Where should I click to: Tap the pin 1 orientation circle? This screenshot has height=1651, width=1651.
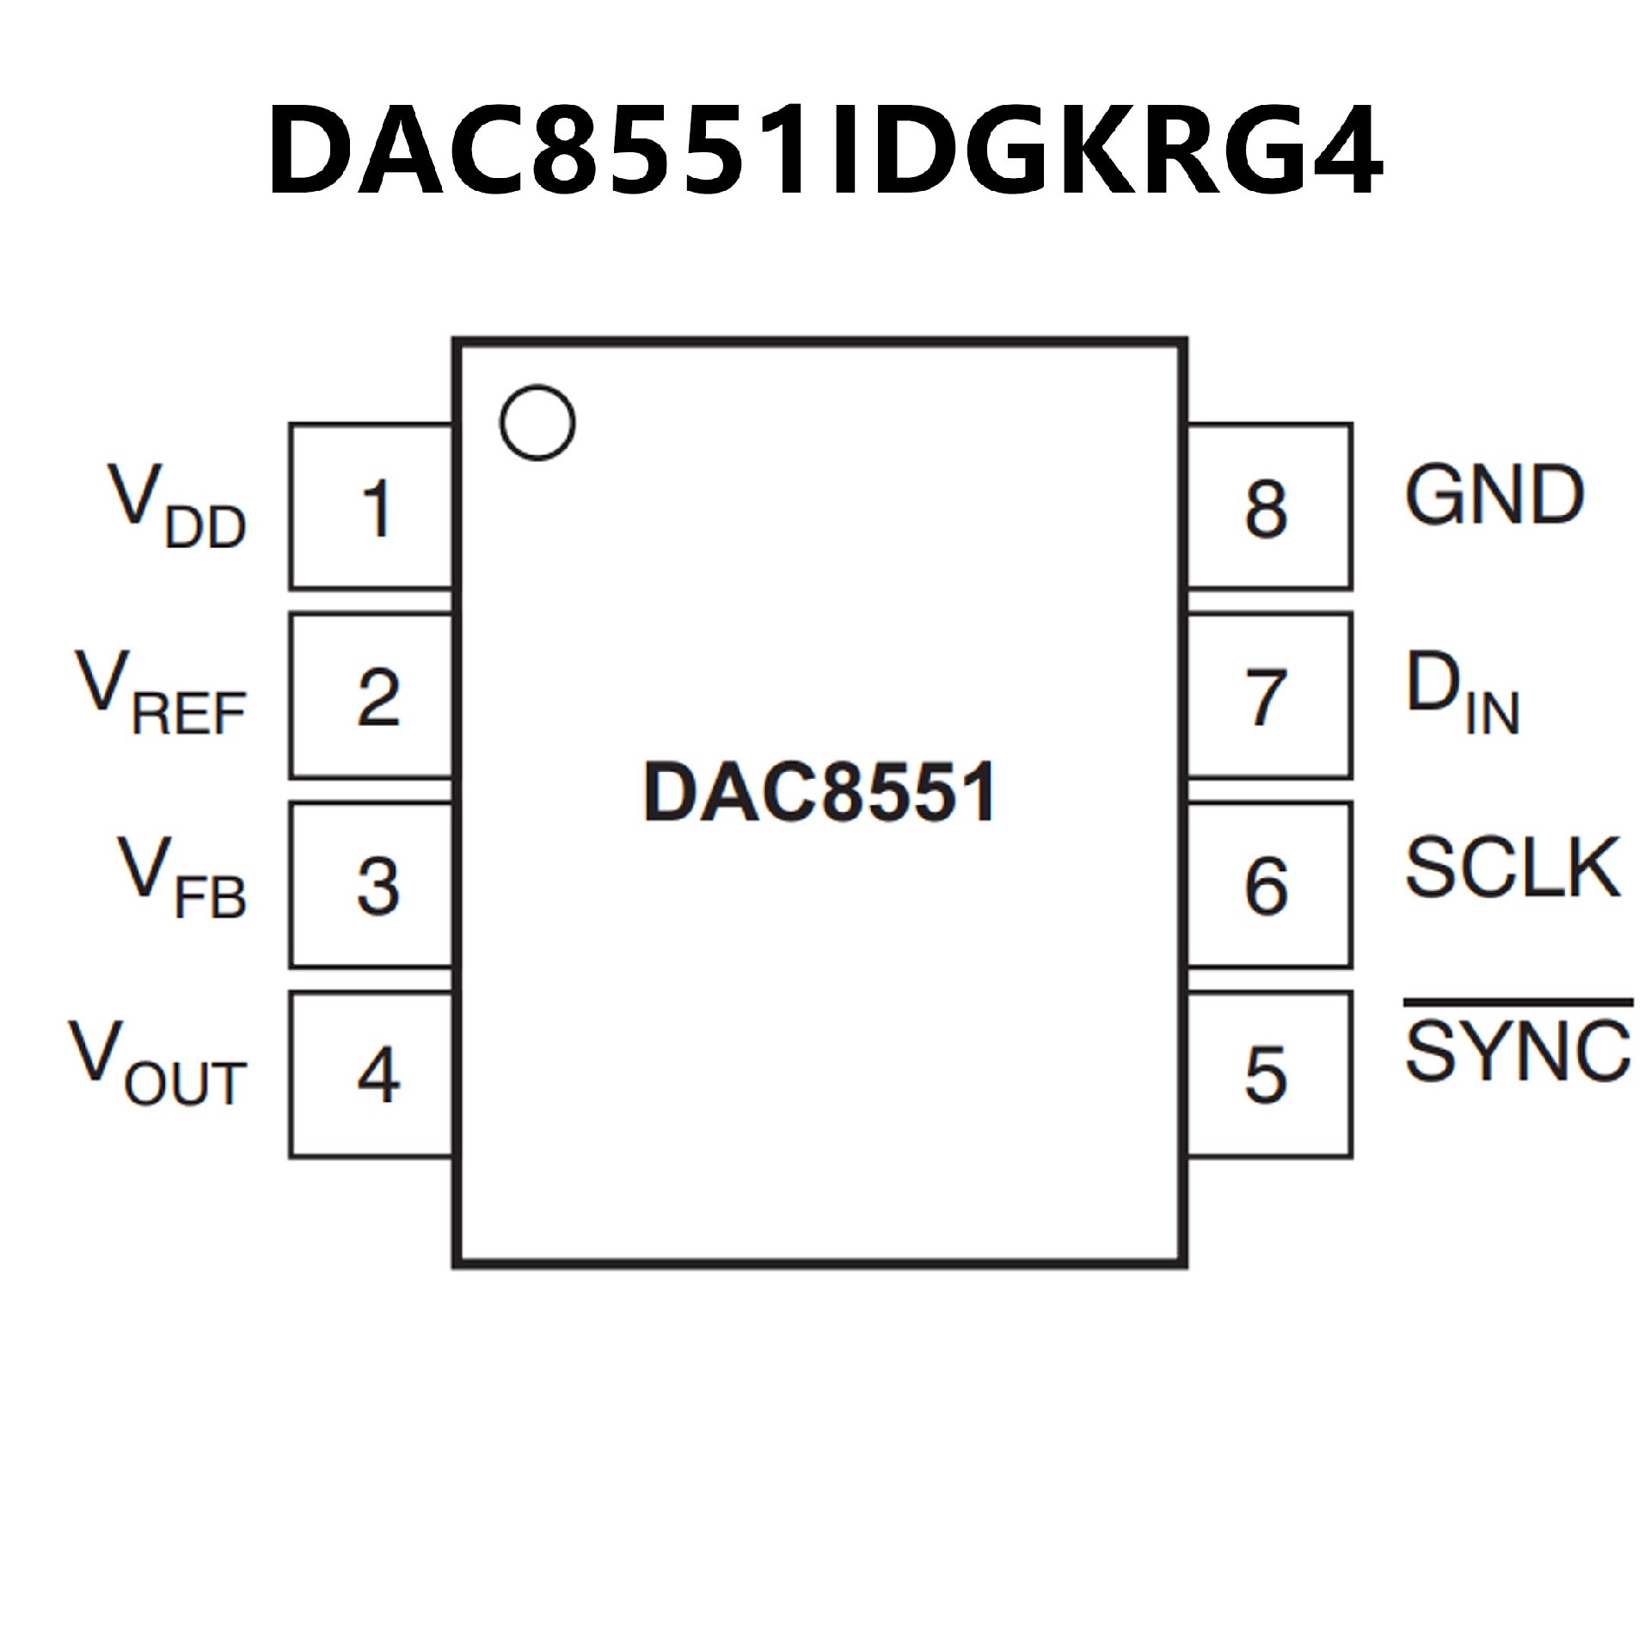tap(537, 422)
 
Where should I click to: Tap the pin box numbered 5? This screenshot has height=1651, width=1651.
tap(1268, 1075)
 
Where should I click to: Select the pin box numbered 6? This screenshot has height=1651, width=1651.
tap(1268, 886)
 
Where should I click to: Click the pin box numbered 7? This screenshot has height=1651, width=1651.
tap(1268, 697)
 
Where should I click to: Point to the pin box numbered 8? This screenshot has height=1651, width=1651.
tap(1268, 507)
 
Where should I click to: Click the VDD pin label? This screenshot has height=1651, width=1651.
tap(176, 507)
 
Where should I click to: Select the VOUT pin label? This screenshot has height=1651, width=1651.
tap(157, 1064)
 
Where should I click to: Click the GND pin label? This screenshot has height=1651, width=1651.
tap(1494, 496)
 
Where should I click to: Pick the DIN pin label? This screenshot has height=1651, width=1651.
tap(1463, 692)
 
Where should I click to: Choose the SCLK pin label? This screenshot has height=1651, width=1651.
tap(1513, 867)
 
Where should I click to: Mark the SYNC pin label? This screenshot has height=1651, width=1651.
tap(1518, 1051)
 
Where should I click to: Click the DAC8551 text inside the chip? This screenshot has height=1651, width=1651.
tap(819, 793)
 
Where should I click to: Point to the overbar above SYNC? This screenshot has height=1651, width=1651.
tap(1518, 1003)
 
